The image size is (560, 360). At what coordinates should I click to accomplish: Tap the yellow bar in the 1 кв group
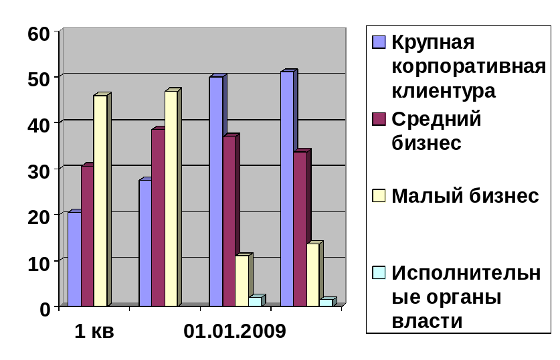tap(100, 201)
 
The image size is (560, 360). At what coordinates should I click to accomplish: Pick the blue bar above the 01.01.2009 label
tap(215, 191)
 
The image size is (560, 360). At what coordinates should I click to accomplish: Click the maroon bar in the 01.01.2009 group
tap(229, 221)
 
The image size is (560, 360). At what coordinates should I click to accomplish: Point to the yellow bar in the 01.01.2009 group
tap(242, 280)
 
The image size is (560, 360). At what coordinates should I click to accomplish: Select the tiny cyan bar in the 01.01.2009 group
tap(255, 301)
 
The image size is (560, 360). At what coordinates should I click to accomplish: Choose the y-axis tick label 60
tap(39, 33)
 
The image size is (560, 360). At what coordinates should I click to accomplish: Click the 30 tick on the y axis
tap(39, 171)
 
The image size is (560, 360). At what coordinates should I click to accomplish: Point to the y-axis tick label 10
tap(39, 262)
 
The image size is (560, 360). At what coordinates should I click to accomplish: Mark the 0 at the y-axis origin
tap(45, 308)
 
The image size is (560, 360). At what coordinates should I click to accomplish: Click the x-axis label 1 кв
tap(94, 331)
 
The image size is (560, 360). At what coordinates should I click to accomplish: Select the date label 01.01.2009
tap(235, 331)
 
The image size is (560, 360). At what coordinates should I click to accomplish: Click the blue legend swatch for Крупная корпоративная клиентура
tap(379, 42)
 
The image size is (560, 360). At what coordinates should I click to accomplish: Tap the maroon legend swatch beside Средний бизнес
tap(379, 119)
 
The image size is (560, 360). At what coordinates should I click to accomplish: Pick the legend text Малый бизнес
tap(465, 196)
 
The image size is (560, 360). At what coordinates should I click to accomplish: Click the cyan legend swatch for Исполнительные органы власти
tap(379, 273)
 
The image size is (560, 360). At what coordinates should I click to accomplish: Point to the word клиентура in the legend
tap(444, 90)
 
